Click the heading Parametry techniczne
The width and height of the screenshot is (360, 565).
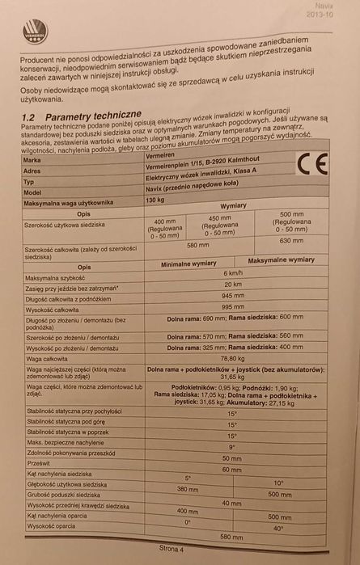coord(93,116)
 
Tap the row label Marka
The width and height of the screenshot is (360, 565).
coord(34,160)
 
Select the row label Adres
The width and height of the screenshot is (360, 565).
coord(33,171)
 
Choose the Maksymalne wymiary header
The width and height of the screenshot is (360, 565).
coord(281,260)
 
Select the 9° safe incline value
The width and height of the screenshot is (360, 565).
coord(231,446)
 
